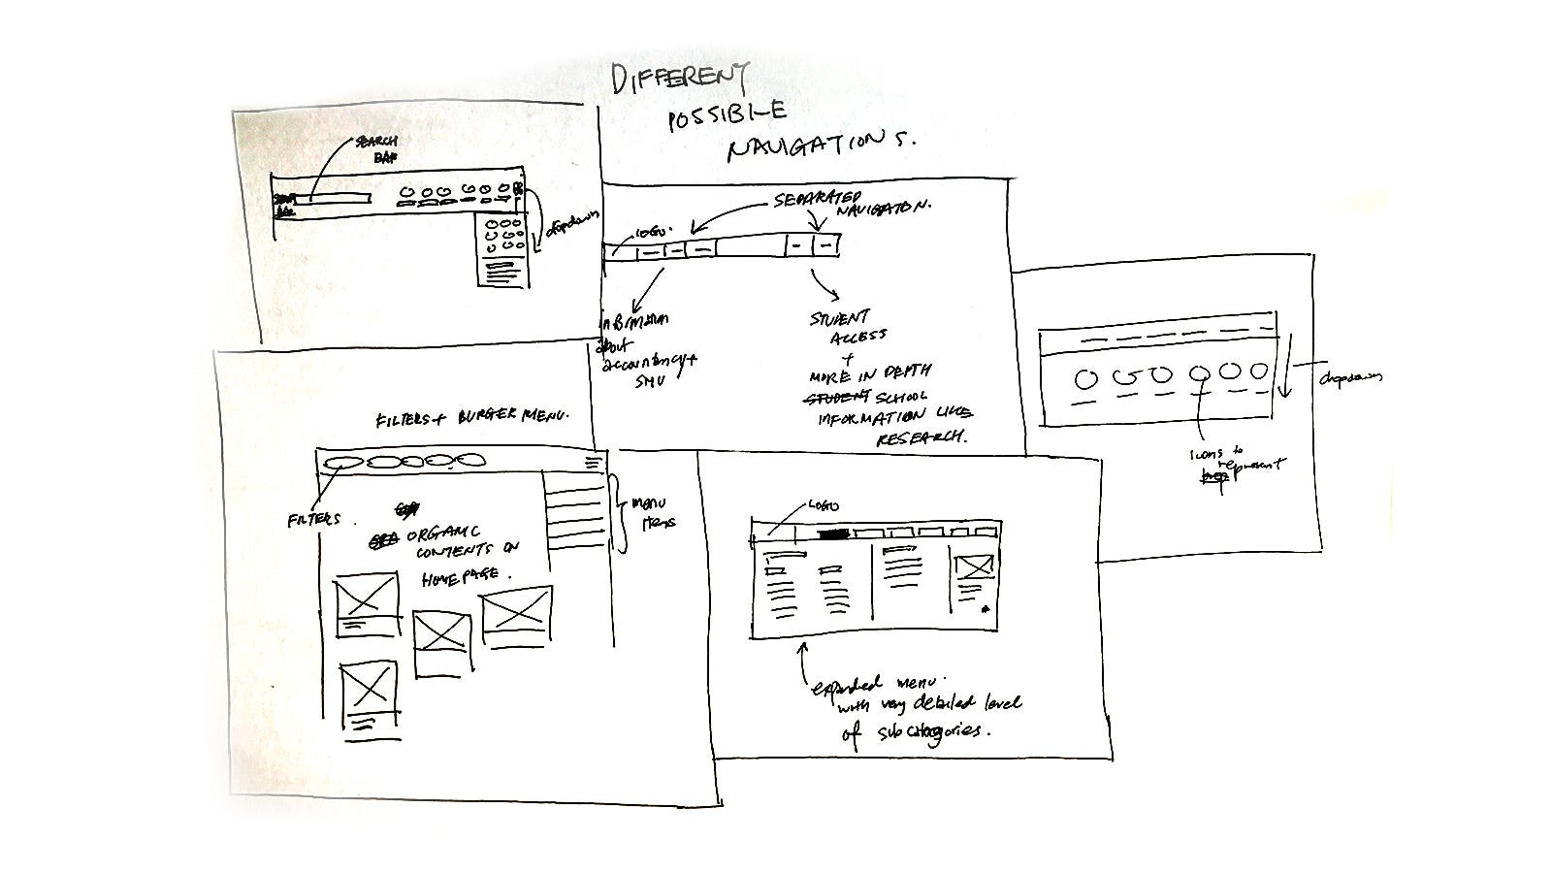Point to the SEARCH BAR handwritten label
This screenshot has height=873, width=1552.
click(376, 148)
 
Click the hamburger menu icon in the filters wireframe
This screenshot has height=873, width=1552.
click(592, 464)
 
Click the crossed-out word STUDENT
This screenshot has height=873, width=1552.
click(839, 399)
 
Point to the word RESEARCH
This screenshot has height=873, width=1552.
click(921, 437)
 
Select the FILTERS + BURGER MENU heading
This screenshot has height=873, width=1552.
click(471, 418)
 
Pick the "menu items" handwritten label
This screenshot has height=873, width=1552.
click(653, 512)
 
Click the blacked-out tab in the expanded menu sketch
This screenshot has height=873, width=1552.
click(833, 533)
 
